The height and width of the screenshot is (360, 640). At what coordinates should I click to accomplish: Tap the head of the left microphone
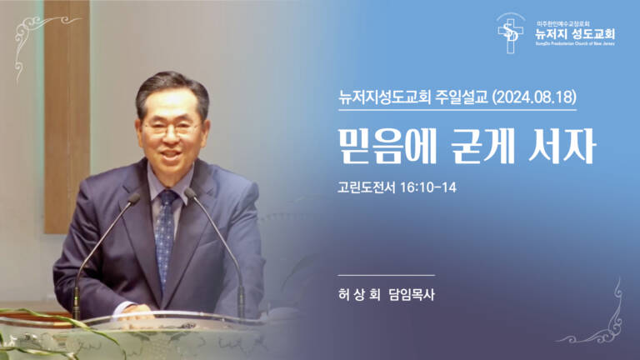pos(133,198)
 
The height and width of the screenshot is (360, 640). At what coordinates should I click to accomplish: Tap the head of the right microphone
pos(190,193)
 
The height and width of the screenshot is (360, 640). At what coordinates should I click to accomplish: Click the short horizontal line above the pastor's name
pos(387,275)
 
